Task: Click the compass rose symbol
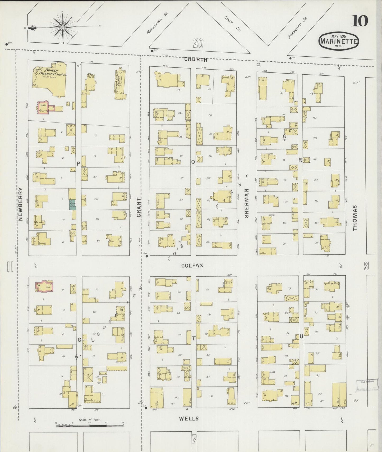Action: pos(63,27)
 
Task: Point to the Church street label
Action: pos(196,60)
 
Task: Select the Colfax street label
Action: pos(192,265)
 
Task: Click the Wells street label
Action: pos(189,418)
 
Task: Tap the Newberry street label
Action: pos(21,204)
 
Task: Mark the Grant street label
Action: pos(139,207)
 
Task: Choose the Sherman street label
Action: pos(247,203)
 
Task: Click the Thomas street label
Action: pos(355,218)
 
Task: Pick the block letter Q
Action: pos(193,162)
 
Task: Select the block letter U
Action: pos(301,337)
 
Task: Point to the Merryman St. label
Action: pos(158,23)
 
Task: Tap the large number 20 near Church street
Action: pos(198,43)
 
